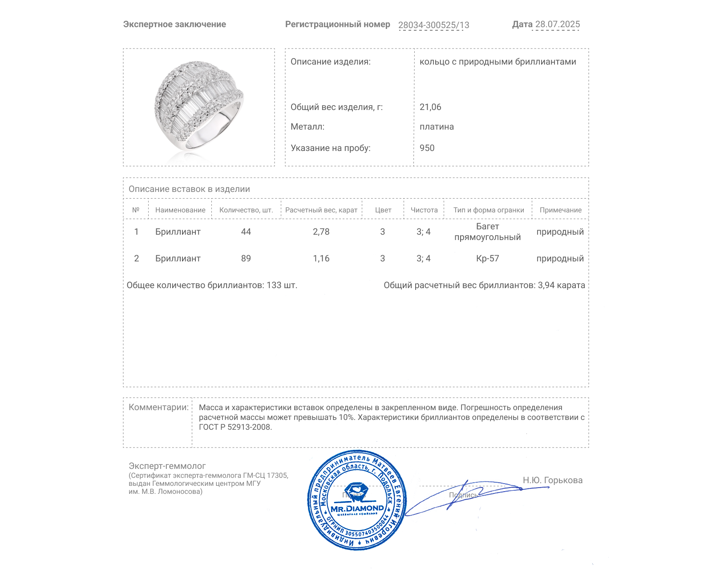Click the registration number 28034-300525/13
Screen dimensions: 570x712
433,25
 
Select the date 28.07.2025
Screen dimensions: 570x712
557,24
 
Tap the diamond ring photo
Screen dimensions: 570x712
199,107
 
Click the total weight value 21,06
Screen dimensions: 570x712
430,107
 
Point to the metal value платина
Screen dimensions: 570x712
437,126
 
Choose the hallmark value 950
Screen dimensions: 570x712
427,148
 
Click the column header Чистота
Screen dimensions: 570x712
424,210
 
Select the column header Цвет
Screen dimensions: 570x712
383,210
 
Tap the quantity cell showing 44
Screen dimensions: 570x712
246,232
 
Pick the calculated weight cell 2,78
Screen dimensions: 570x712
321,232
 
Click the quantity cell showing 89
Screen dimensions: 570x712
246,258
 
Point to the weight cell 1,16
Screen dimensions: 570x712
321,258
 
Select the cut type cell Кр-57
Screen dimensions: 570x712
487,258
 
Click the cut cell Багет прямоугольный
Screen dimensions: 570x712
487,232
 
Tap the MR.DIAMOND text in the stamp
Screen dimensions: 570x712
357,509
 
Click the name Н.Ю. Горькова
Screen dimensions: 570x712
552,480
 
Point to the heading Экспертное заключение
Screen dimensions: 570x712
174,24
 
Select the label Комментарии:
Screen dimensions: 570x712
158,407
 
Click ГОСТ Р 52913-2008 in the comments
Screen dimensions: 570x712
235,427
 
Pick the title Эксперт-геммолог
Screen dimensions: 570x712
167,466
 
